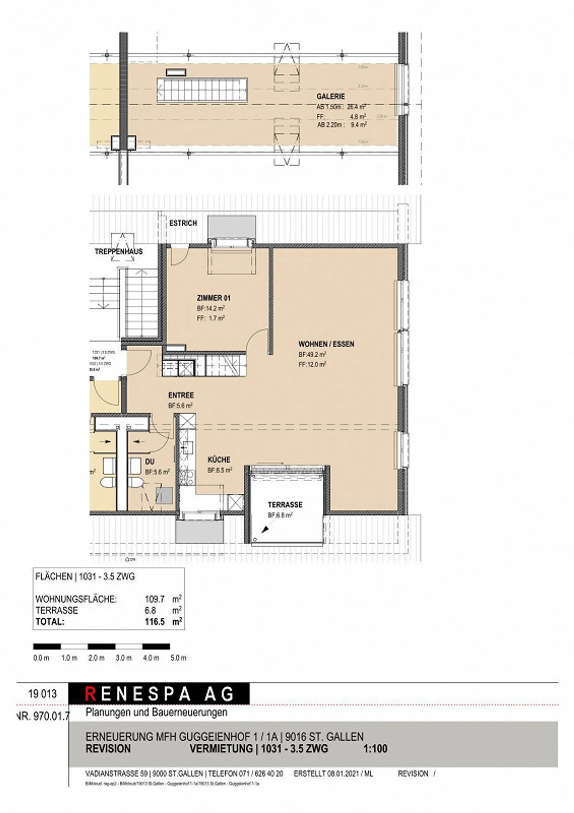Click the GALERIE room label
coord(330,96)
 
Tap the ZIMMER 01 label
coord(214,298)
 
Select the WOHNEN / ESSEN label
coord(326,344)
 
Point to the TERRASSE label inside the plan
coord(285,505)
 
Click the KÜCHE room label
coord(219,460)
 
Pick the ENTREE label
coord(181,396)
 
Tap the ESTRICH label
coord(183,223)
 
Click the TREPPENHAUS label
coord(118,252)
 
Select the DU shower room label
coord(149,462)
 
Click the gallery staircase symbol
coord(202,90)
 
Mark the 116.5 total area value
coord(155,622)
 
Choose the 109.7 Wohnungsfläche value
coord(155,599)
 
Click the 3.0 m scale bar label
coord(124,658)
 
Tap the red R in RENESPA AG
coord(90,694)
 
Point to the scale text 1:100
coord(375,748)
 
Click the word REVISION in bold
coord(108,748)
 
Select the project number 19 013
coord(43,694)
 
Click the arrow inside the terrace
coord(265,529)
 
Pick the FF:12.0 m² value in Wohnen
coord(312,364)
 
